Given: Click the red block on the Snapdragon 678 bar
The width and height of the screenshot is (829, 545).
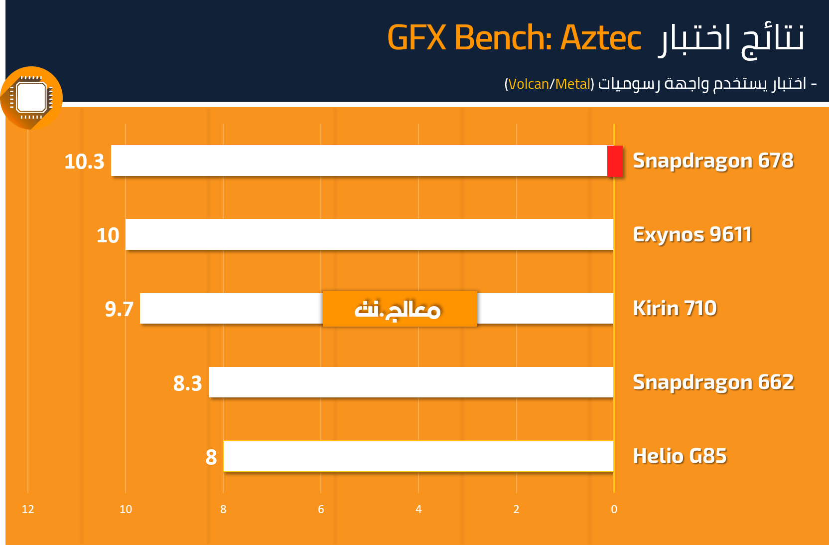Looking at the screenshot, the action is click(x=615, y=161).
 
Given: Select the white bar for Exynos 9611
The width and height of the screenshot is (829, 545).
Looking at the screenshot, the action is click(x=369, y=234).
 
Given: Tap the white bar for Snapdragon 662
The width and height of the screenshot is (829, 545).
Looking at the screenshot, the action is click(x=411, y=382).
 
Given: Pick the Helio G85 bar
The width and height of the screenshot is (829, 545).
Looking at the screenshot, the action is click(x=418, y=456).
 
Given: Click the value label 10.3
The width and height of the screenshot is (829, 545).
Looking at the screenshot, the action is click(x=84, y=162).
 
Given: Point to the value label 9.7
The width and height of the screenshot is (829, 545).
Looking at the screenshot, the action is click(x=119, y=309).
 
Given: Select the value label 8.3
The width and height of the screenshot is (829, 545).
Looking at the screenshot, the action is click(x=188, y=383).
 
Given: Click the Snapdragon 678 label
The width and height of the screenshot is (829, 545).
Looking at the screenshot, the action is click(x=713, y=161).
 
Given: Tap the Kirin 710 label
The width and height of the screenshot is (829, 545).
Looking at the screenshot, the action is click(x=675, y=308).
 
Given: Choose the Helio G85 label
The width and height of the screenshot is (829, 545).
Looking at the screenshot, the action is click(x=680, y=456).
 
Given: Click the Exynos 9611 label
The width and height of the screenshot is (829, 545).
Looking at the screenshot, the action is click(x=692, y=235).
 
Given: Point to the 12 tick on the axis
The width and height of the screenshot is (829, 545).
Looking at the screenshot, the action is click(x=28, y=509).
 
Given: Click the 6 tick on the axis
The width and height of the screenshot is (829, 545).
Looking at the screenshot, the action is click(x=321, y=509).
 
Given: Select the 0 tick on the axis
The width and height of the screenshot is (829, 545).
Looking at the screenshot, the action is click(x=614, y=509).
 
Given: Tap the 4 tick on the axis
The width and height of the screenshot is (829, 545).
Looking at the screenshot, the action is click(x=418, y=509).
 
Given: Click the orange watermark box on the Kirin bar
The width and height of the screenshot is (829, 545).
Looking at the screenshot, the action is click(x=400, y=309).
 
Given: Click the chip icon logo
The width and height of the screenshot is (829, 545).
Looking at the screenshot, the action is click(x=31, y=98).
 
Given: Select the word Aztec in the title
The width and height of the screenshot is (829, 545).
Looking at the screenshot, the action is click(x=601, y=37).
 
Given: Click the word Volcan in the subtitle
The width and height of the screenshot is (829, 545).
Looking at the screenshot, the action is click(x=529, y=84).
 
